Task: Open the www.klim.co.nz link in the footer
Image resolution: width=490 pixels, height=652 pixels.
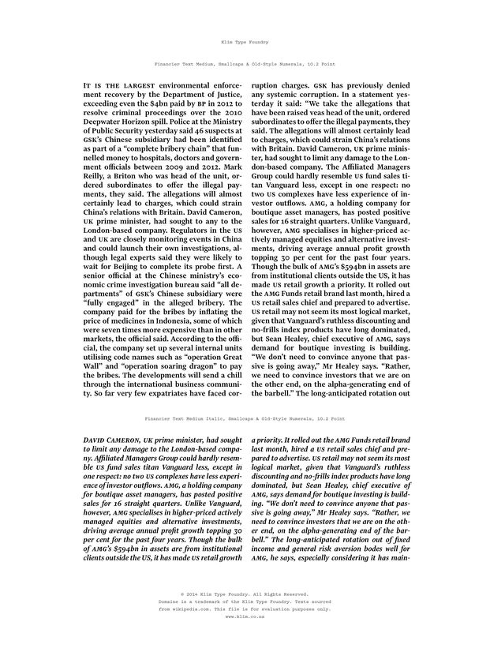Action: [x=245, y=618]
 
